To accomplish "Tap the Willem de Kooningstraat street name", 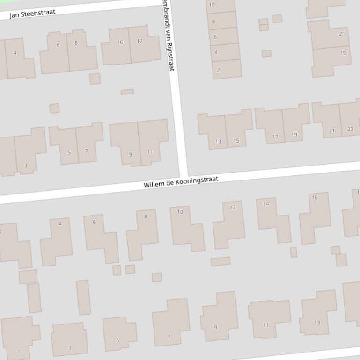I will click(x=181, y=182).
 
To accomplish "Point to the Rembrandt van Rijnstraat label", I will click(x=168, y=35).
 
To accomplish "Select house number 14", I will click(x=266, y=204).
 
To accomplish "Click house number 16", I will click(x=315, y=198).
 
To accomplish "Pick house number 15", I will click(x=236, y=141).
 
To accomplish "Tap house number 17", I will click(x=275, y=137).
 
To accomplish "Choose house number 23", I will click(x=350, y=129).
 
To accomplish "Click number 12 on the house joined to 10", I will click(x=140, y=41).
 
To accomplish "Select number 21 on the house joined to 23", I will click(x=332, y=131).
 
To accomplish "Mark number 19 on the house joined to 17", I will click(x=294, y=135).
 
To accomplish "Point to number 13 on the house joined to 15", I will click(x=218, y=142).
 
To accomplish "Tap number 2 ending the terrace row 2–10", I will click(x=218, y=70).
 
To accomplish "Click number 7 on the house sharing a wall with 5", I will click(x=86, y=151).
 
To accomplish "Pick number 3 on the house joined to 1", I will click(x=26, y=166).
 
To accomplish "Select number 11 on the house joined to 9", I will click(x=150, y=152).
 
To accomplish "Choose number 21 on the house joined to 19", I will click(x=342, y=34).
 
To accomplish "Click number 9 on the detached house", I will click(x=216, y=327).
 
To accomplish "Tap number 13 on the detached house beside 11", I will click(x=317, y=323).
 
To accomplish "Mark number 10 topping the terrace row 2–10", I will click(x=212, y=5).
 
